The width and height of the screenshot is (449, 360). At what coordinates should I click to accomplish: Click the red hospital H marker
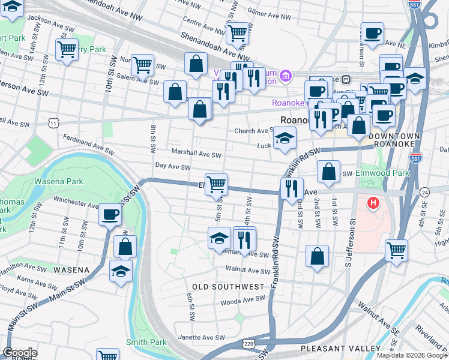coord(373,204)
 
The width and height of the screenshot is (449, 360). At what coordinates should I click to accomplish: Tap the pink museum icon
coord(286,76)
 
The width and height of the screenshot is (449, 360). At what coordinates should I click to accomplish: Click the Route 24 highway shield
coord(425,192)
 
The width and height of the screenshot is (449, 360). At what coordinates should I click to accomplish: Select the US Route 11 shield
coord(54,123)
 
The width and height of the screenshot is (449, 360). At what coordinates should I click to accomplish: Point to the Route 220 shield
coord(249,343)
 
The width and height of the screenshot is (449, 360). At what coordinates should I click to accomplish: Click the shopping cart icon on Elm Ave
coord(216,183)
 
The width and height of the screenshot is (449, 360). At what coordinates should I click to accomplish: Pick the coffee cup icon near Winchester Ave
coord(110,214)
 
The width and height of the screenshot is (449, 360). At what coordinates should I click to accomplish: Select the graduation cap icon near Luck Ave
coord(285,139)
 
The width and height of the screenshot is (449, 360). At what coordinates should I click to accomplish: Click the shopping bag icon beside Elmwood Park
coord(328,172)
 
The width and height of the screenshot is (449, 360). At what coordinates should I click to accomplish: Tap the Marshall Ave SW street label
coord(196,154)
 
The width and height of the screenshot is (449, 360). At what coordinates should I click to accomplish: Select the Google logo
coord(20,353)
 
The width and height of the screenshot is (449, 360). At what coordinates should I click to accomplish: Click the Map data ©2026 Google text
coord(412,355)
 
